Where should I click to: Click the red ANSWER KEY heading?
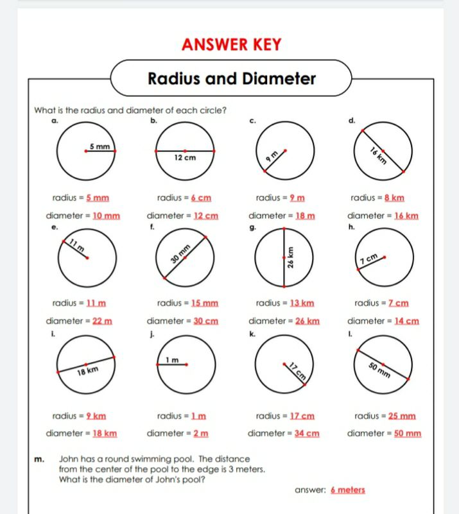point(231,44)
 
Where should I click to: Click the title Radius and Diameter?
point(232,79)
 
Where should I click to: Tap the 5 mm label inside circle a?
point(99,147)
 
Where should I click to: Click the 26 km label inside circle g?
point(291,259)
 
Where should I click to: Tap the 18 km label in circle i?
point(88,371)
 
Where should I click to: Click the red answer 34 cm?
point(306,433)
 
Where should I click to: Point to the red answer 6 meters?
point(347,490)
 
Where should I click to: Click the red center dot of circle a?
point(86,151)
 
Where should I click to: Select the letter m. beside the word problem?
point(40,459)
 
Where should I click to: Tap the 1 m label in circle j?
point(171,359)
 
